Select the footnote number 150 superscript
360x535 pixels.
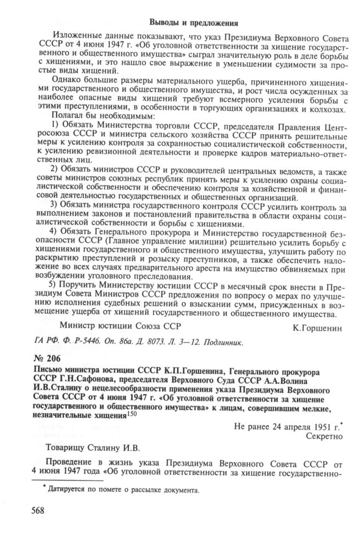[x=132, y=413]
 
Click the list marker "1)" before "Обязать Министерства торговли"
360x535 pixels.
[x=55, y=126]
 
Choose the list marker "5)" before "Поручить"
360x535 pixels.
[x=55, y=286]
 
